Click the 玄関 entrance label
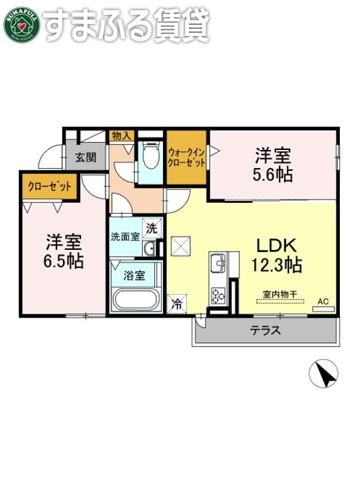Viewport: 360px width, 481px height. tap(85, 158)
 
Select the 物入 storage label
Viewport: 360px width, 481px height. tap(121, 136)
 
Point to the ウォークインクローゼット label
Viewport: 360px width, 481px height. tap(187, 158)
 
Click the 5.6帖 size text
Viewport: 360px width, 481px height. tap(272, 174)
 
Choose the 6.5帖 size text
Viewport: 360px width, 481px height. tap(64, 260)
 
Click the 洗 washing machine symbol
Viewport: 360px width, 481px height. tap(153, 228)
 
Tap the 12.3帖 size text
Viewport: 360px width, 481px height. tap(276, 265)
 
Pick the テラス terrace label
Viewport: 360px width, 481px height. tap(265, 330)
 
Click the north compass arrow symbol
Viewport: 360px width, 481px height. tap(324, 373)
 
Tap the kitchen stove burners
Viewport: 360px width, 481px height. tap(219, 293)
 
